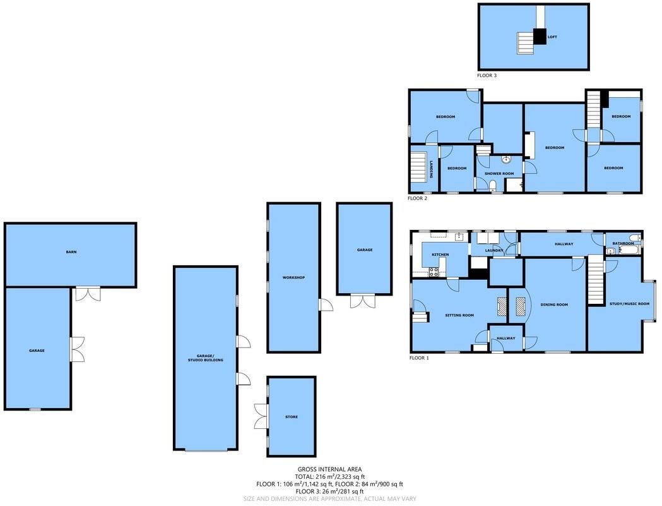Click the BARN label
71,252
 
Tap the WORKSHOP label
293,278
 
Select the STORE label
292,417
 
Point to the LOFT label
552,37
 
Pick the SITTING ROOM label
459,315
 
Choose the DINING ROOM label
554,304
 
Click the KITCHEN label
440,255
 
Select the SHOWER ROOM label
499,174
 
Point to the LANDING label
431,168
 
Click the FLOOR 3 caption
487,75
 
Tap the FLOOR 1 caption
419,358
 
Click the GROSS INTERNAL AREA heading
329,469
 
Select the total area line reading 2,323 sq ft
329,477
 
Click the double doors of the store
261,416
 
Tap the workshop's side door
326,304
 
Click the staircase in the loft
526,43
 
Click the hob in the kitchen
434,272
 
